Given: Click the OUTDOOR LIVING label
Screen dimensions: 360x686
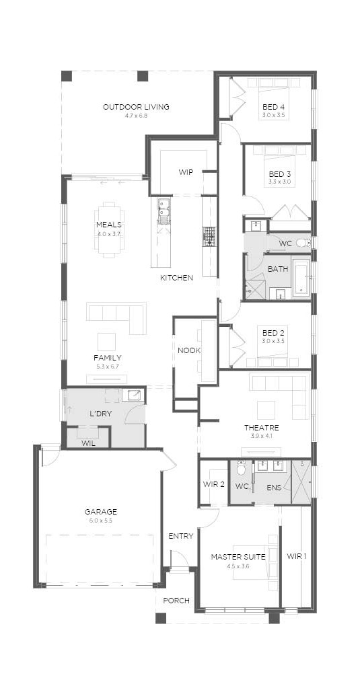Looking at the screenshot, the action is [x=136, y=107].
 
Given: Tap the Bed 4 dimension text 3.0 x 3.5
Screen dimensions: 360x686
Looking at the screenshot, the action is [x=274, y=116].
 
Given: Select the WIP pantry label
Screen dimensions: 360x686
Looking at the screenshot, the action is [x=186, y=172].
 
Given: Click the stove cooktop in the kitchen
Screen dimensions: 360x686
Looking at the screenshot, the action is [x=209, y=237].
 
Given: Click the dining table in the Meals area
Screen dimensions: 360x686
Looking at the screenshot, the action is [x=109, y=227].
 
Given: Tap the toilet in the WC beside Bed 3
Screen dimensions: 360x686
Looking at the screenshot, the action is [x=303, y=242].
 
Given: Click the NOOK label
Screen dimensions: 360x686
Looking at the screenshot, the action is [x=189, y=350].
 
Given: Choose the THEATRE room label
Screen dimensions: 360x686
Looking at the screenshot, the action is [x=262, y=428].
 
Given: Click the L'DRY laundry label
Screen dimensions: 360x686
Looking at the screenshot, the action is [x=98, y=414].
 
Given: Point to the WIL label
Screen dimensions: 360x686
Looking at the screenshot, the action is [x=87, y=443].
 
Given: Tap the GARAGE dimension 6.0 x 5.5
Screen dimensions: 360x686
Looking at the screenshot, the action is [x=101, y=521].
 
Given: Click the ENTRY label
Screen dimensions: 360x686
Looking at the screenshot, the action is [x=181, y=536].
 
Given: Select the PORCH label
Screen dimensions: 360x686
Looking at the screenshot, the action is [x=176, y=601].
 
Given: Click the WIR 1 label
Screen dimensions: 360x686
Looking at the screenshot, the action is [x=297, y=556].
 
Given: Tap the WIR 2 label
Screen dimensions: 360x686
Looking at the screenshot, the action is [x=214, y=484].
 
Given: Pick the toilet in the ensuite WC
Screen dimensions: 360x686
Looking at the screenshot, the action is [x=241, y=469].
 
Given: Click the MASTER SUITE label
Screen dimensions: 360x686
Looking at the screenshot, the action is [x=238, y=557].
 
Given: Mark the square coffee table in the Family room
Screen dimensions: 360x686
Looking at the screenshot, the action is [x=106, y=342].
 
